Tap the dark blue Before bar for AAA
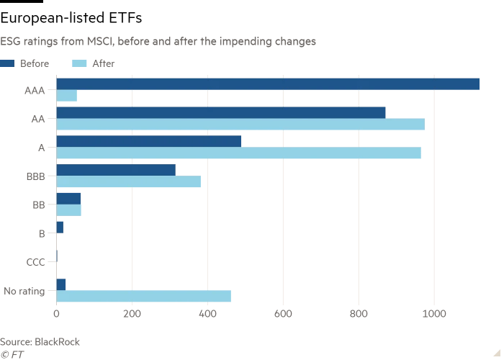coord(268,84)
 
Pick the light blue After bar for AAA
coord(66,96)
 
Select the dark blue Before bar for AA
coord(221,112)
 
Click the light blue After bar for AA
coord(240,125)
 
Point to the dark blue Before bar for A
coord(149,141)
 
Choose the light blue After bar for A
coord(238,153)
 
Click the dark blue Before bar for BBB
coord(116,170)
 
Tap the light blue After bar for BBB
coord(128,181)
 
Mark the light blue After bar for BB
coord(68,210)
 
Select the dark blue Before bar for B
coord(60,228)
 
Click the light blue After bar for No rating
coord(143,297)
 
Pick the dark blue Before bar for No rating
coord(61,284)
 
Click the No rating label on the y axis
coord(34,292)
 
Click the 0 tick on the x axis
coord(56,315)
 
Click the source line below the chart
coord(40,341)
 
